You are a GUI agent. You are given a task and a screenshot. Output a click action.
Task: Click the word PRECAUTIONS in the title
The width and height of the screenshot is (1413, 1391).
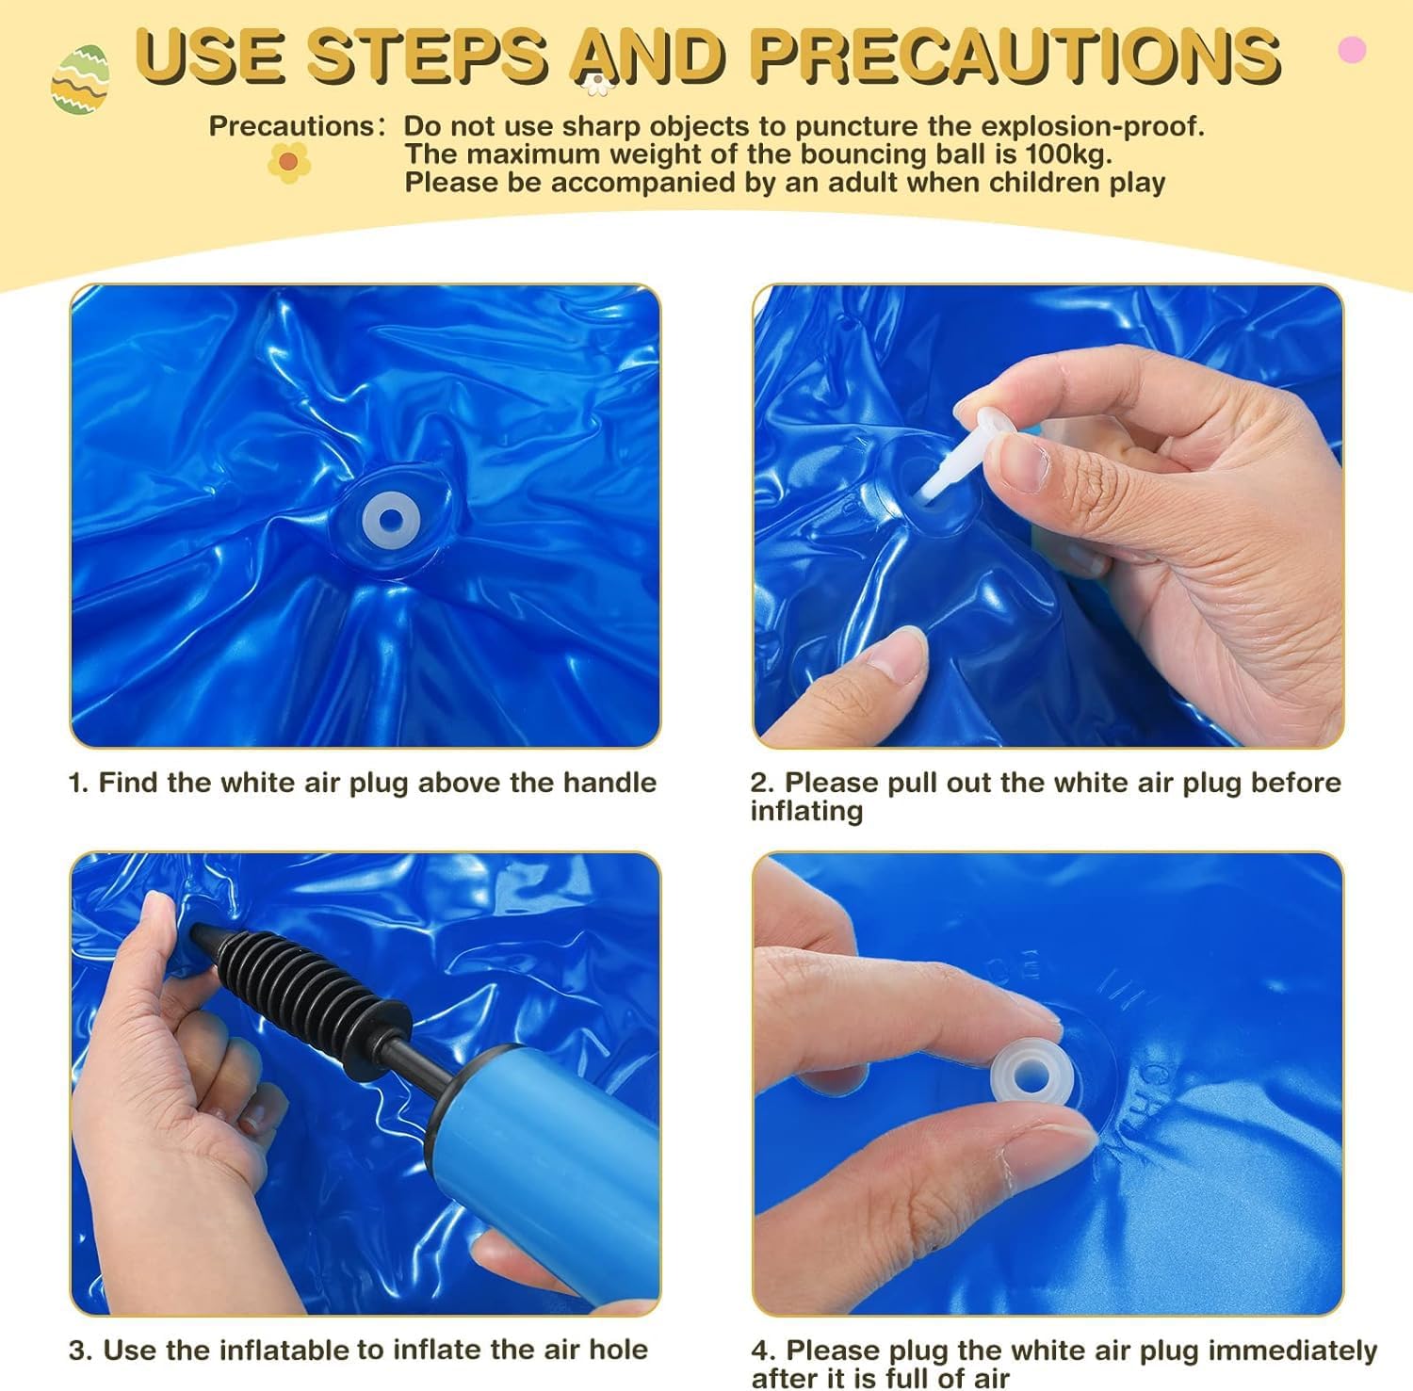1015,54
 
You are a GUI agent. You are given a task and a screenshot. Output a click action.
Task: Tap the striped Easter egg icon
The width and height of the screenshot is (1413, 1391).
80,80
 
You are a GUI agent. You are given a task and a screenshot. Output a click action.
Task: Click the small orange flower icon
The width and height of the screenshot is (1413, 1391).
289,163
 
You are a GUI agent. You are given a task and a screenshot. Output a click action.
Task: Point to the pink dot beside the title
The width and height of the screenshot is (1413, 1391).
1352,49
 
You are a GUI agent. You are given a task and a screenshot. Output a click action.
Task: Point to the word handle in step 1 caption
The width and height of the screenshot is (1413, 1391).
609,782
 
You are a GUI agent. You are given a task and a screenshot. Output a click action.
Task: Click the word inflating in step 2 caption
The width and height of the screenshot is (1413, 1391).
806,812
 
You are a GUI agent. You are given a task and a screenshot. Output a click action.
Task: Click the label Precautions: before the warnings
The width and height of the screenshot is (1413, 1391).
297,126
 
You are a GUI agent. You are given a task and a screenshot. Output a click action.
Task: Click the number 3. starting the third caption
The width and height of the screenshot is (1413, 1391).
81,1350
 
